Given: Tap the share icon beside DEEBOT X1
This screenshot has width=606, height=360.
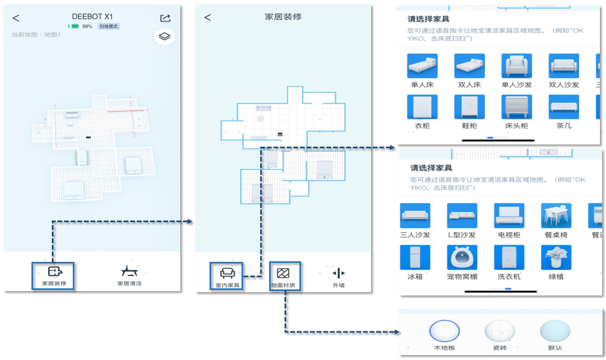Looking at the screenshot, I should click(165, 18).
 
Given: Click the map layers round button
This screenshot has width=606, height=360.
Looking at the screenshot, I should click(164, 37).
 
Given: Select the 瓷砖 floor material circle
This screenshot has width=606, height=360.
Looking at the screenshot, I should click(499, 332).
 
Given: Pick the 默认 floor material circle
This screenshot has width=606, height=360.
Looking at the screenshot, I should click(555, 332).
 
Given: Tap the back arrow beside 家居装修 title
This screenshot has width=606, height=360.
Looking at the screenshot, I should click(207, 18).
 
